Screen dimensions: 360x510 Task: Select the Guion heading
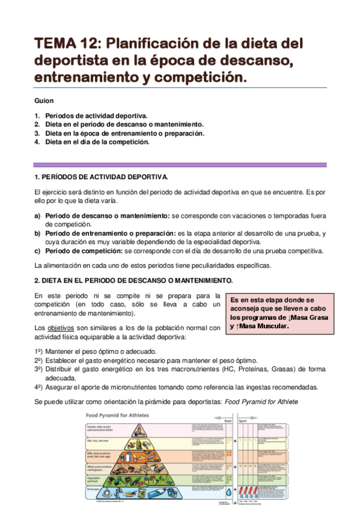[x=44, y=100]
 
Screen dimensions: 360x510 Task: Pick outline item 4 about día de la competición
[x=97, y=142]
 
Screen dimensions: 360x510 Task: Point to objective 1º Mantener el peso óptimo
[x=100, y=351]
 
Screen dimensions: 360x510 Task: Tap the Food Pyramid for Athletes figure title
[x=118, y=415]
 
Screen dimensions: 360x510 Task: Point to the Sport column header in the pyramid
[x=243, y=421]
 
